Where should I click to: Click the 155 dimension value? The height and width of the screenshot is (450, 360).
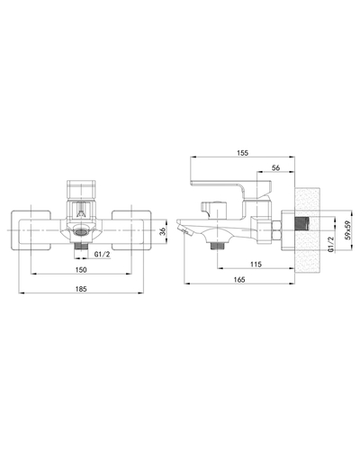point(242,153)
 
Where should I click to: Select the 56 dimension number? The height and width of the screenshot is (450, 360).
point(275,168)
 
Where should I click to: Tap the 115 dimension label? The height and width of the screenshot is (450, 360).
point(256,264)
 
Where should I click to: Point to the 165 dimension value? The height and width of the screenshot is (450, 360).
point(239,279)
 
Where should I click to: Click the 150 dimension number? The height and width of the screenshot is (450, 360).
point(81,270)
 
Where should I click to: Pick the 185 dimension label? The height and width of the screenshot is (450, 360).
point(81,289)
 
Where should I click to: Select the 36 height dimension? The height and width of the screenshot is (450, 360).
point(162,231)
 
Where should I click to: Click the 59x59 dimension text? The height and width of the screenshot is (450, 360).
point(348,229)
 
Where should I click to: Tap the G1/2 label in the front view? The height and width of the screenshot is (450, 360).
point(103,255)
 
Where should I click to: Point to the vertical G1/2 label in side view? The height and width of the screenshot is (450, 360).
point(331,244)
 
